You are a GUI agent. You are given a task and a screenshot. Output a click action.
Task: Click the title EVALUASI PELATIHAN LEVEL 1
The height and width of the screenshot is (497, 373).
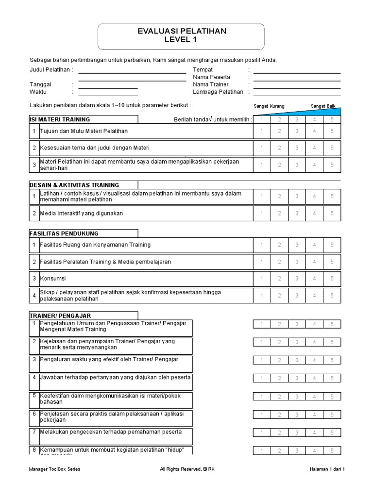(x=182, y=35)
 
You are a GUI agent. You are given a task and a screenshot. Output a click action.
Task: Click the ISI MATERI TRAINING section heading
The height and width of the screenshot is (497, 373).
(x=60, y=119)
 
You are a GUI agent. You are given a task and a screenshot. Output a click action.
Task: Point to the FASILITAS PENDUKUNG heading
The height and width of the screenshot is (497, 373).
(x=64, y=233)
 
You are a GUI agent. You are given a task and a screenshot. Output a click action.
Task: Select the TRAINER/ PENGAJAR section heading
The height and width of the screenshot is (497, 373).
(x=60, y=315)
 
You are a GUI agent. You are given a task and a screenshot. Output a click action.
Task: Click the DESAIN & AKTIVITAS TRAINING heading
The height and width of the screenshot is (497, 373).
(x=74, y=185)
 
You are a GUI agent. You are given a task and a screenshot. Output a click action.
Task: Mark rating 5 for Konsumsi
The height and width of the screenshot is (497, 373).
(x=332, y=279)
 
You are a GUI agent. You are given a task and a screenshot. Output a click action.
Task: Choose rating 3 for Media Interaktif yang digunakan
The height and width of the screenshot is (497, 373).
(x=297, y=213)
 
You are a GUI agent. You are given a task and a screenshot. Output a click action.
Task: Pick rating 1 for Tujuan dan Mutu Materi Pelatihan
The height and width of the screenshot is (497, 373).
(x=261, y=131)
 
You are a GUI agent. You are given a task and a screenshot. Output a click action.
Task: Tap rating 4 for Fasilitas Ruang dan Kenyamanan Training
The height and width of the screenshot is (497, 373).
(x=314, y=245)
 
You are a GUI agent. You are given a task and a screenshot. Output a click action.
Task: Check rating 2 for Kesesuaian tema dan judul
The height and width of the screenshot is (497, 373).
(x=279, y=148)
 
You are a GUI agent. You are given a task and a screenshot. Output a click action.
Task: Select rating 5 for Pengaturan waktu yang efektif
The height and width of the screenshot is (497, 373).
(x=332, y=360)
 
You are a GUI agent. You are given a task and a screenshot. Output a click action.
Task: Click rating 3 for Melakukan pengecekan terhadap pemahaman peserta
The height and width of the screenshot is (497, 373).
(x=297, y=432)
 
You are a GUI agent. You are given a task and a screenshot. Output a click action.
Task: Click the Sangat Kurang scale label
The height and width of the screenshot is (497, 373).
(x=269, y=106)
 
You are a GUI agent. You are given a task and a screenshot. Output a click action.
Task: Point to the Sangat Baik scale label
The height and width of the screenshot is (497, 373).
(x=323, y=106)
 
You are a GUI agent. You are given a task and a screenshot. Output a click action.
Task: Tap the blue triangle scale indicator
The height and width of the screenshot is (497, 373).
(x=321, y=112)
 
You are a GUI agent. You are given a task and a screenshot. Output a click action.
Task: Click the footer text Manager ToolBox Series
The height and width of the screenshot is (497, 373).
(x=55, y=469)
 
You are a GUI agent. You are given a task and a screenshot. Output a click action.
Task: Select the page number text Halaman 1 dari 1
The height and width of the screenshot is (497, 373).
(x=326, y=469)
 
